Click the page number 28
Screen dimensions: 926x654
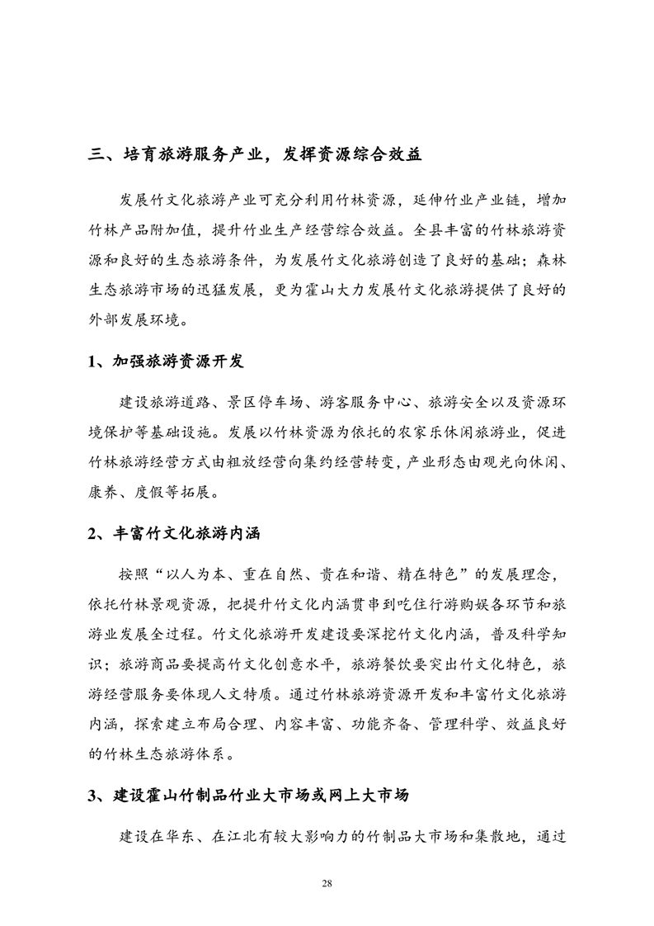click(327, 884)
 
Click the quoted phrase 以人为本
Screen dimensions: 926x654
click(200, 574)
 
